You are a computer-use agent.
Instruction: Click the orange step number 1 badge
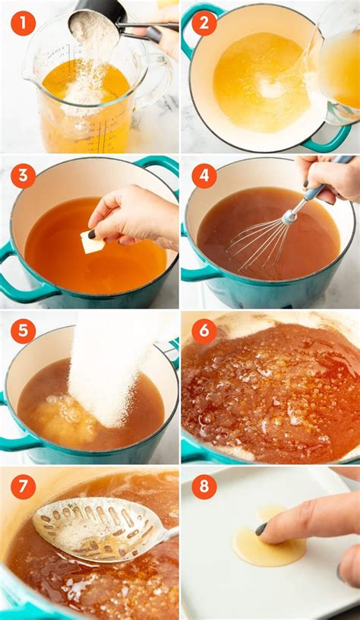[23, 23]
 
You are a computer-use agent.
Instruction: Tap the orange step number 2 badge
[204, 23]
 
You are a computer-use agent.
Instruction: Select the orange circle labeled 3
[23, 176]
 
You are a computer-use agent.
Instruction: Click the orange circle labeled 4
[204, 176]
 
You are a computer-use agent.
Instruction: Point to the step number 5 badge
[23, 331]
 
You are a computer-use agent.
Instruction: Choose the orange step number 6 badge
[204, 331]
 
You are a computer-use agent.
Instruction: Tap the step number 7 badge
[23, 486]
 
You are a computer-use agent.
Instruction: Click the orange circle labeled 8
[204, 486]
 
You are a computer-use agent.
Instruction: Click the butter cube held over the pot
[93, 242]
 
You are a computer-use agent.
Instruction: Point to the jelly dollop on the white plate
[268, 549]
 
